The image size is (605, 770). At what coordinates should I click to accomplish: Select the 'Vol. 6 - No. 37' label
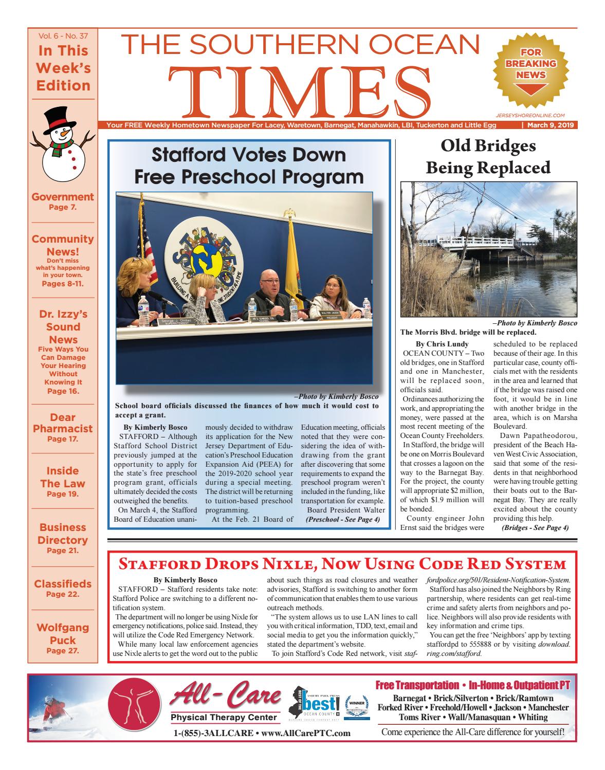63,36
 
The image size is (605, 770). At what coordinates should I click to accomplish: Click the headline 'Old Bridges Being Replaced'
488,157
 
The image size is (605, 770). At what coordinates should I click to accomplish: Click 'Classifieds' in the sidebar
63,583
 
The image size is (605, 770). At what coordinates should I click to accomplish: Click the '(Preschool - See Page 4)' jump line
343,519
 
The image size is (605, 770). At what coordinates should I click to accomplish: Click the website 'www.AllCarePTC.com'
306,733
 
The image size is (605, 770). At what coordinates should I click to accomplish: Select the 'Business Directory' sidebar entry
63,534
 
